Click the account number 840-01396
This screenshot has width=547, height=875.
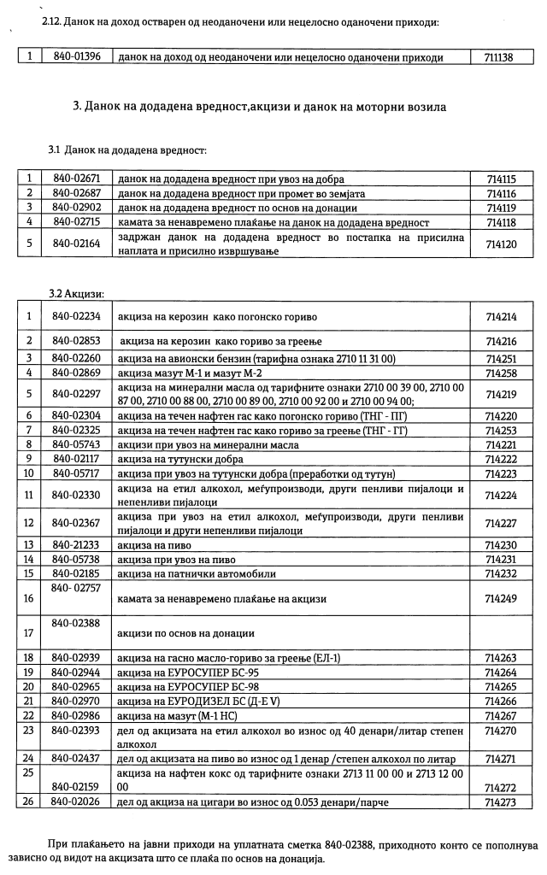pyautogui.click(x=76, y=58)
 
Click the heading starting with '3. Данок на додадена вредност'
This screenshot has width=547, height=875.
pyautogui.click(x=261, y=107)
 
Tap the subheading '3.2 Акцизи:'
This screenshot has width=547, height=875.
pyautogui.click(x=76, y=294)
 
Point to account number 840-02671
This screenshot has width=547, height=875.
pyautogui.click(x=76, y=179)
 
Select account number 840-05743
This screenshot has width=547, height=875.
pyautogui.click(x=76, y=445)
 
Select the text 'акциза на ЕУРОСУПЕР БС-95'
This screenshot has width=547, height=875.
pyautogui.click(x=185, y=673)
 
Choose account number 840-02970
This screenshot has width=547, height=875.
pyautogui.click(x=76, y=701)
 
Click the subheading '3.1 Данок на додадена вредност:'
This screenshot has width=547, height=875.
pyautogui.click(x=128, y=150)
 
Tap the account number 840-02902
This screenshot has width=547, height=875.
pyautogui.click(x=76, y=207)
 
